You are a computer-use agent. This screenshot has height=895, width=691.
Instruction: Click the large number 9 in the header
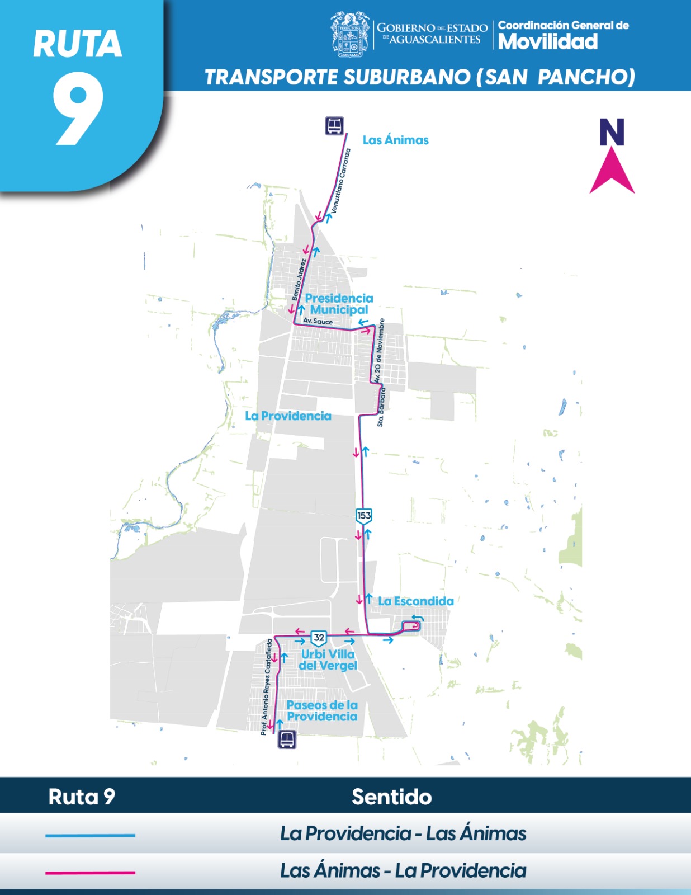point(78,110)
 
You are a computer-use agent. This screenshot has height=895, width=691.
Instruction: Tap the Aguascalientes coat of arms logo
point(350,35)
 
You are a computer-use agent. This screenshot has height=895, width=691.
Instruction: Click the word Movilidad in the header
point(548,41)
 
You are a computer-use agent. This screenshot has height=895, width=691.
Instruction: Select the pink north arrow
point(612,170)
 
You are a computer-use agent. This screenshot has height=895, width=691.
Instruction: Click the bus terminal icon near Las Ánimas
point(334,126)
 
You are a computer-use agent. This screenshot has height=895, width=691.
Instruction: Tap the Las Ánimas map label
point(395,140)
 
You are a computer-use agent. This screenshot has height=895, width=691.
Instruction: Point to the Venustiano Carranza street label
point(340,181)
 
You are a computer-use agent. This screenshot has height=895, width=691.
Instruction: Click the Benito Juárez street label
point(299,279)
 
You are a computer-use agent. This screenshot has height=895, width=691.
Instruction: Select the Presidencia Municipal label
point(339,304)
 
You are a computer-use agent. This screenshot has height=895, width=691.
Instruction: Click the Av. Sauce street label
point(318,321)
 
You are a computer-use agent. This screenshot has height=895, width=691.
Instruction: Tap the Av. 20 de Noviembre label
point(379,351)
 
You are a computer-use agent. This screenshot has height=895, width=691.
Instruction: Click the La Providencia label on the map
point(288,416)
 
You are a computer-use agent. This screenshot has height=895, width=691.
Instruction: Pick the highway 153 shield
point(364,516)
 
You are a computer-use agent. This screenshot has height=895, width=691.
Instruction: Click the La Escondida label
point(416,601)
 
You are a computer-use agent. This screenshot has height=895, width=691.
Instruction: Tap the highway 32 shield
point(319,638)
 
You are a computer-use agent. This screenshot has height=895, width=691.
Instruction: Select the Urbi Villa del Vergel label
point(328,660)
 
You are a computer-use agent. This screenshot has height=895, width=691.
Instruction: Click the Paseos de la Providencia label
point(322,711)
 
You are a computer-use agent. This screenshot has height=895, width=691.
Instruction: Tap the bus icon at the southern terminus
point(287,739)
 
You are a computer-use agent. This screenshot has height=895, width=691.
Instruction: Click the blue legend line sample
point(90,835)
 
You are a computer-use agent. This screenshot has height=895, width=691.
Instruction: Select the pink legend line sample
point(90,872)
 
